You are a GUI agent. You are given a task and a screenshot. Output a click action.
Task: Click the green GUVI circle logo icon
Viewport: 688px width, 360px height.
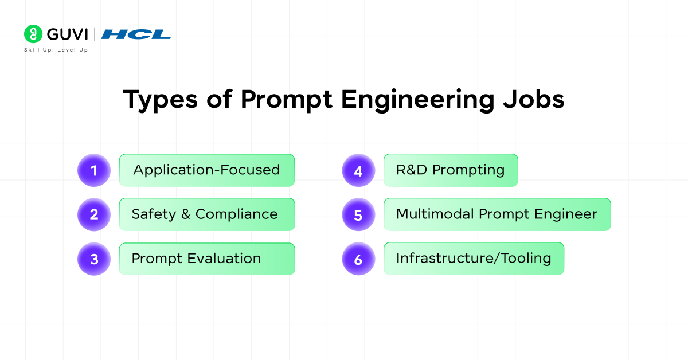pyautogui.click(x=33, y=34)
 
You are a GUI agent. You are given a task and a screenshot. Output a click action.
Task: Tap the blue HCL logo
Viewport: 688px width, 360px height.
pyautogui.click(x=136, y=34)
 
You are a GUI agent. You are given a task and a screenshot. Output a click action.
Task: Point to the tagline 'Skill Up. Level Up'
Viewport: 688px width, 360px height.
pyautogui.click(x=56, y=50)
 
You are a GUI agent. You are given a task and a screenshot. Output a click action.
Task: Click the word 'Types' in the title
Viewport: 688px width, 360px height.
pyautogui.click(x=161, y=100)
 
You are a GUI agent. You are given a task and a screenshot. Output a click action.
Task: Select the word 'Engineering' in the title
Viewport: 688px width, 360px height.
pyautogui.click(x=418, y=100)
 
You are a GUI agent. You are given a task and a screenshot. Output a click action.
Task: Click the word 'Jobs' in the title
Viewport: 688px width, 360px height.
pyautogui.click(x=534, y=99)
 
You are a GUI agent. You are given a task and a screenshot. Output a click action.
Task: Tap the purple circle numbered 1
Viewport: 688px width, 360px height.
pyautogui.click(x=94, y=170)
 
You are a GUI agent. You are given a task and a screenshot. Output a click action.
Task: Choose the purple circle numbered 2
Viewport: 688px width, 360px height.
pyautogui.click(x=94, y=214)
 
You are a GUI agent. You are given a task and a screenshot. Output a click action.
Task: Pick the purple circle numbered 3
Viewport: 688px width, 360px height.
pyautogui.click(x=94, y=259)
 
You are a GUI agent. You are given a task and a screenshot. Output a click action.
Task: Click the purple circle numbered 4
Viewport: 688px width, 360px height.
pyautogui.click(x=358, y=170)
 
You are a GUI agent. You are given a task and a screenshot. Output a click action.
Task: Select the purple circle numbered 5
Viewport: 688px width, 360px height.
pyautogui.click(x=358, y=214)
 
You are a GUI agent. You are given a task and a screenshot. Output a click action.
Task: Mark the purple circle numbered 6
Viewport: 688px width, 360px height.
pyautogui.click(x=358, y=259)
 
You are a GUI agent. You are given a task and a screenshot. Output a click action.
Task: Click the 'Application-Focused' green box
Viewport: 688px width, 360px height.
pyautogui.click(x=207, y=170)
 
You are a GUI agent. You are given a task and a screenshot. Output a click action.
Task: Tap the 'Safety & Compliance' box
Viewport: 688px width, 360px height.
pyautogui.click(x=207, y=214)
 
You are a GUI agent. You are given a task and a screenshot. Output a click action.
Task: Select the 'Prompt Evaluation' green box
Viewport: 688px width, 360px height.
pyautogui.click(x=207, y=259)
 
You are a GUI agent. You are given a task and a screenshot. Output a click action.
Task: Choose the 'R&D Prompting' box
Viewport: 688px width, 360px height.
pyautogui.click(x=451, y=170)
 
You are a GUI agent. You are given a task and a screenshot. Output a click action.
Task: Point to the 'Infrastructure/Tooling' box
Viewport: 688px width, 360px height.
pyautogui.click(x=474, y=259)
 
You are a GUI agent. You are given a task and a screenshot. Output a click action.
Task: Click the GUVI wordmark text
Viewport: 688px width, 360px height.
pyautogui.click(x=67, y=34)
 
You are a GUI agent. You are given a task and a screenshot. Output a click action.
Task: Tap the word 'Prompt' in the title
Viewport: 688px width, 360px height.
pyautogui.click(x=286, y=100)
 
